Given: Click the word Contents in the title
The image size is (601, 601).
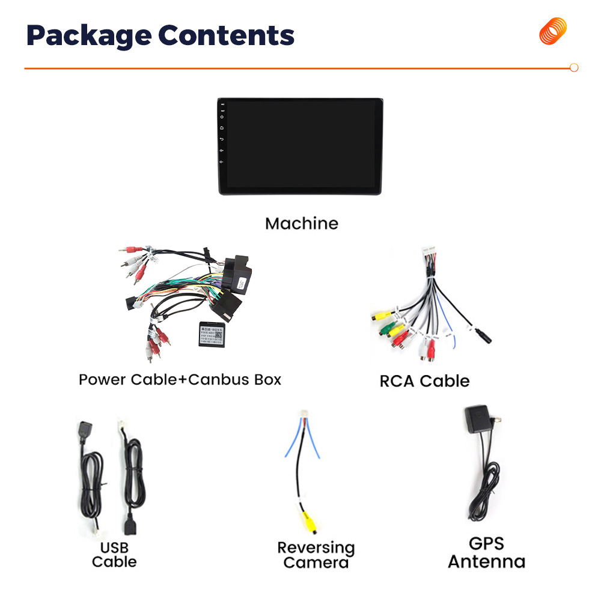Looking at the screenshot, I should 226,36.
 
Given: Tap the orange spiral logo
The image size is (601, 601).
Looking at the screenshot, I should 552,31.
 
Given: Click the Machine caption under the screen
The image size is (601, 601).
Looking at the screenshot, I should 302,224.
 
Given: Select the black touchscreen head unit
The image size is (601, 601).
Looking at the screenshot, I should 300,147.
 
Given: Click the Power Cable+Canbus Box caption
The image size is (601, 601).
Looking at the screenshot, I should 180,380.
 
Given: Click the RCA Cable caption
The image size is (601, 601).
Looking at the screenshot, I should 424,381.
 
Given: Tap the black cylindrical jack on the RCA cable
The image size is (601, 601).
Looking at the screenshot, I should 483,335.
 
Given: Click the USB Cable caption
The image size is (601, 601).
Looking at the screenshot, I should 114,555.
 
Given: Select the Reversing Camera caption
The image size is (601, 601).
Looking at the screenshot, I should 316,555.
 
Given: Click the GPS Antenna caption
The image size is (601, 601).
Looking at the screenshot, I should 486,553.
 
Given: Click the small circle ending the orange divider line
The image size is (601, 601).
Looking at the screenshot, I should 574,68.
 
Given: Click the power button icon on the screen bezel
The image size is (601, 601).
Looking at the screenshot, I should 222,117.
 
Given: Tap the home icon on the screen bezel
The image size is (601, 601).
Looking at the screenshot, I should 222,128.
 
